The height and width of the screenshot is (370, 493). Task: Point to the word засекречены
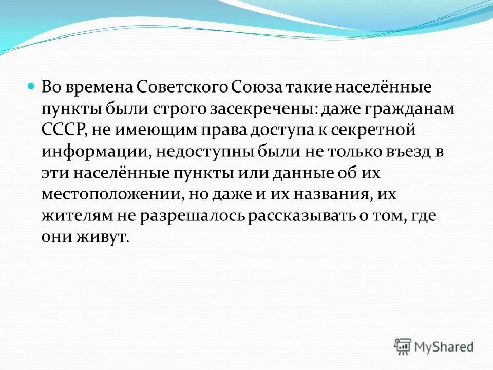tap(257, 108)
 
